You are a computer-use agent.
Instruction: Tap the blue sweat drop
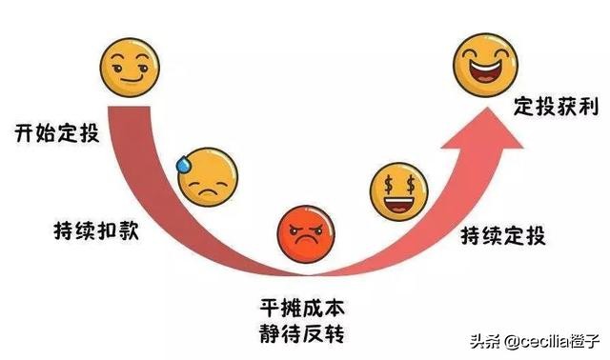pos(183,162)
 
